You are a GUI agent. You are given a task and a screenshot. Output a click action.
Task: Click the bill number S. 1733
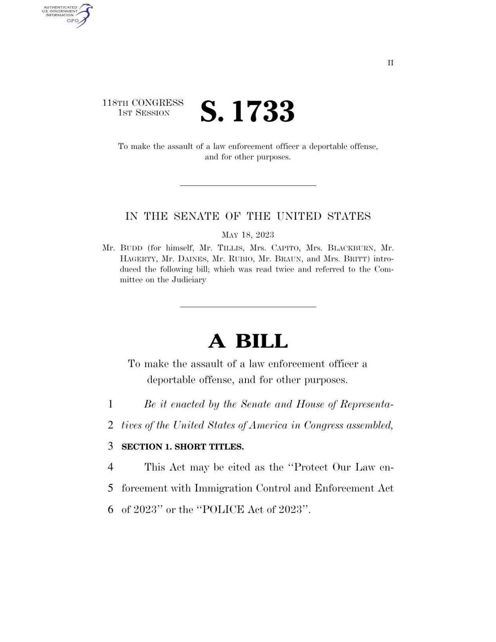(x=247, y=111)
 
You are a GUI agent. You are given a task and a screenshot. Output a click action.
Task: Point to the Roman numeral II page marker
(x=390, y=63)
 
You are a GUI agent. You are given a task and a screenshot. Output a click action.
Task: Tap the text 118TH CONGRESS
(x=143, y=103)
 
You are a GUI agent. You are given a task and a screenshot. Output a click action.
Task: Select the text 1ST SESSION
(x=144, y=113)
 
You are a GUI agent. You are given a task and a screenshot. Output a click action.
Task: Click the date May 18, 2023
(x=248, y=235)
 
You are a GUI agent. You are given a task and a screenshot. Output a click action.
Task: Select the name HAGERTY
(x=138, y=259)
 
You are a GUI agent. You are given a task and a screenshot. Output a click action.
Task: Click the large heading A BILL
(x=248, y=341)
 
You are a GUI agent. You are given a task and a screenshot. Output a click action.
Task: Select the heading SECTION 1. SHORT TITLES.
(x=182, y=447)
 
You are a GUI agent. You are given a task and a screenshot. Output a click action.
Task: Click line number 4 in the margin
(x=111, y=467)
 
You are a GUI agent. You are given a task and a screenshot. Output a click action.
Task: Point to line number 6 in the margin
(x=111, y=509)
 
